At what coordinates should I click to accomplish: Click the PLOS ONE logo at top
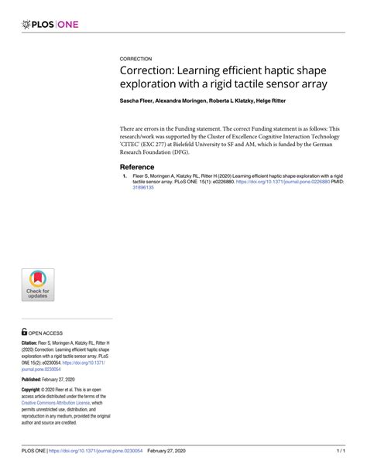coord(52,25)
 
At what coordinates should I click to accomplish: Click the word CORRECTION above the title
coord(135,59)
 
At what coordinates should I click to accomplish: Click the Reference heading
coord(137,167)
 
